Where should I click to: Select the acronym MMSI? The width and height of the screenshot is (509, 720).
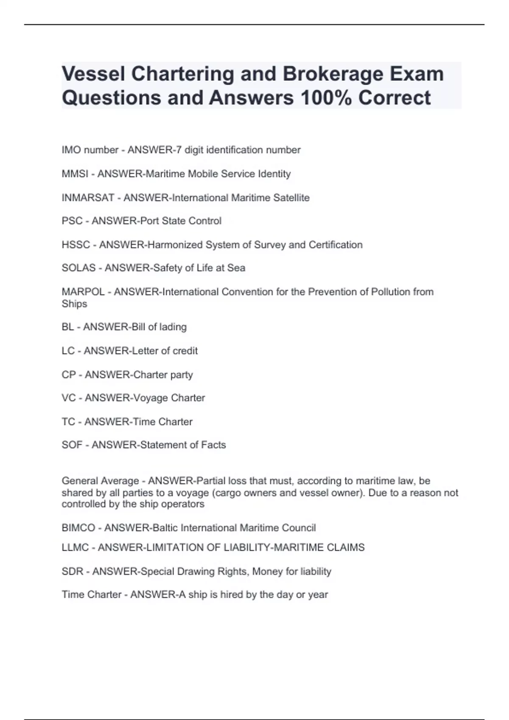(75, 174)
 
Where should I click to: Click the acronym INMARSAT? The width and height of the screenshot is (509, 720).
(88, 198)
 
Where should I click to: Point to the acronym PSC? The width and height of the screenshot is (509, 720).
(72, 221)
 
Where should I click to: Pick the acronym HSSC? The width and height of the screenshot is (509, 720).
(76, 245)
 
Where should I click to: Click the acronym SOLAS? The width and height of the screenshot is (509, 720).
(78, 268)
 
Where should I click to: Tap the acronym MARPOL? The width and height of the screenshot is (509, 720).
(83, 292)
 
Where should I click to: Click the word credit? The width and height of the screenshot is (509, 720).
(185, 351)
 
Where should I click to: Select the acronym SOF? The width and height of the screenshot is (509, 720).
(72, 445)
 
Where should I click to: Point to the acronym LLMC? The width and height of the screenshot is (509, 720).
(75, 548)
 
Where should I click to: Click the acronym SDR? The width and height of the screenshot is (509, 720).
(72, 571)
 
